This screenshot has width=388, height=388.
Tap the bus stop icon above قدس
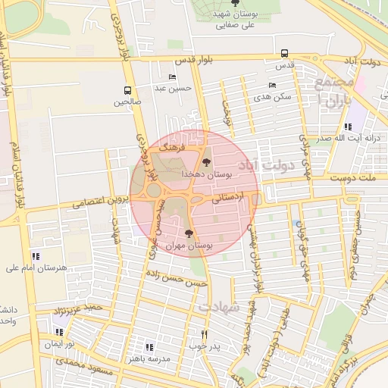(284, 53)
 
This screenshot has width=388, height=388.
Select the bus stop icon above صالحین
(127, 90)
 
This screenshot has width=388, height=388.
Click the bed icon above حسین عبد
(172, 77)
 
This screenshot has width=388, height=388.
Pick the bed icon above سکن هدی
(272, 86)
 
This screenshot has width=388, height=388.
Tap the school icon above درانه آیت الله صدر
(348, 127)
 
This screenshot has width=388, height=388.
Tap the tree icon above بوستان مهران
(189, 234)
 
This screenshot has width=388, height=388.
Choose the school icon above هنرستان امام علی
(36, 256)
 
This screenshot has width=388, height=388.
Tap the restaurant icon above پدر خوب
(204, 334)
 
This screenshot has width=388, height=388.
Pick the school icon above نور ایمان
(59, 332)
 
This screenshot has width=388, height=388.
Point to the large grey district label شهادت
(219, 306)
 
